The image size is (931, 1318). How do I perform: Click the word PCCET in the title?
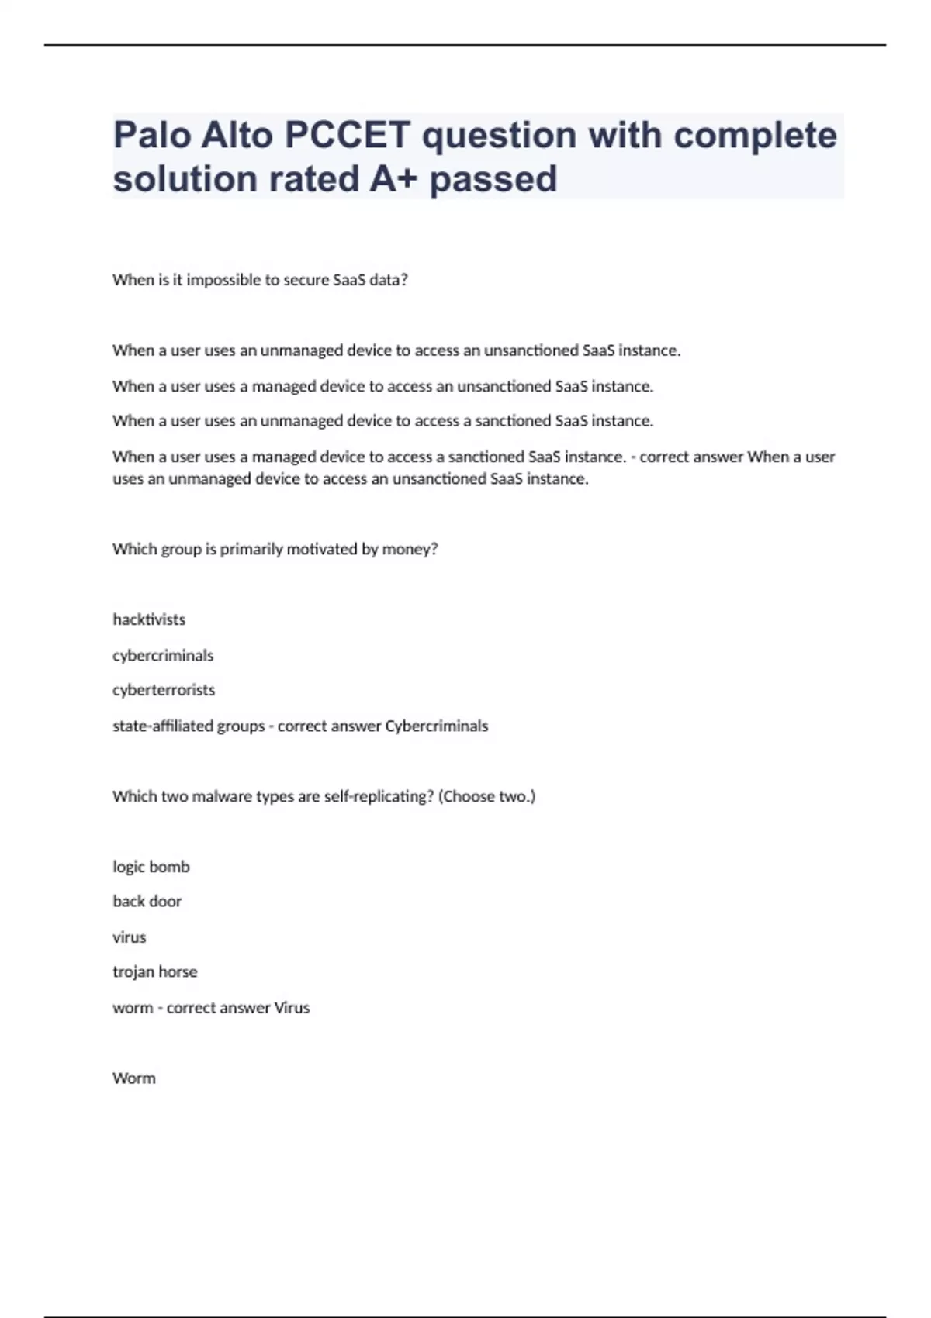347,136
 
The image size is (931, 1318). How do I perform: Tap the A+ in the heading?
393,179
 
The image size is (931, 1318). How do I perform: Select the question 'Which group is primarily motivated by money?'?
275,549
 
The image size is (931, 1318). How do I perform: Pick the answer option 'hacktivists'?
149,619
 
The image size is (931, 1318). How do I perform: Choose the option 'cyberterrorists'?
164,690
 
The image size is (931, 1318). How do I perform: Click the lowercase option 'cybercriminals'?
163,655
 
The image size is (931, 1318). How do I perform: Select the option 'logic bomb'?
151,867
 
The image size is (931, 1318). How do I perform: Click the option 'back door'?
147,901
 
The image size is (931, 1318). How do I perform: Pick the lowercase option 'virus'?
130,937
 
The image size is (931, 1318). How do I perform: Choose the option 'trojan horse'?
155,971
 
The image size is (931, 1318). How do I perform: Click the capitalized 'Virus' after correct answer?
292,1008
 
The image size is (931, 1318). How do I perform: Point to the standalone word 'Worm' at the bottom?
134,1078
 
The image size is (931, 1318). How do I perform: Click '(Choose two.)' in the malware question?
486,796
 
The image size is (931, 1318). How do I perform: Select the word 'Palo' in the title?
152,136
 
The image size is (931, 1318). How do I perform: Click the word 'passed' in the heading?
493,179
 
